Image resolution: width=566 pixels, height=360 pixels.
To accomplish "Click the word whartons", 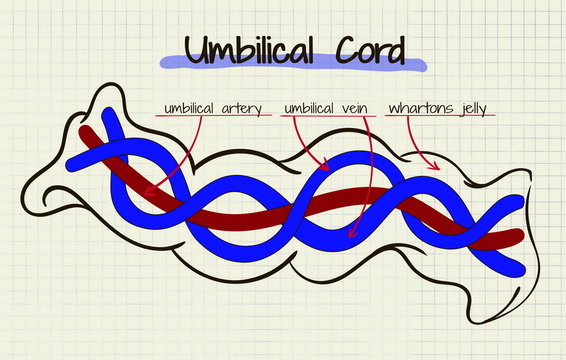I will [x=419, y=107].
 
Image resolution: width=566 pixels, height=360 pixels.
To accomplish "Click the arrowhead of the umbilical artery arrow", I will [x=147, y=191].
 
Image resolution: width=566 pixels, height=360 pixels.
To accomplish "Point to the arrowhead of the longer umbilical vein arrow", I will [x=349, y=236].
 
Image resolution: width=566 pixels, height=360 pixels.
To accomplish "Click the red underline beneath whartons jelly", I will [x=441, y=117].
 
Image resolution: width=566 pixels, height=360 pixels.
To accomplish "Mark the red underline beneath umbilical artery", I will [x=213, y=116].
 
